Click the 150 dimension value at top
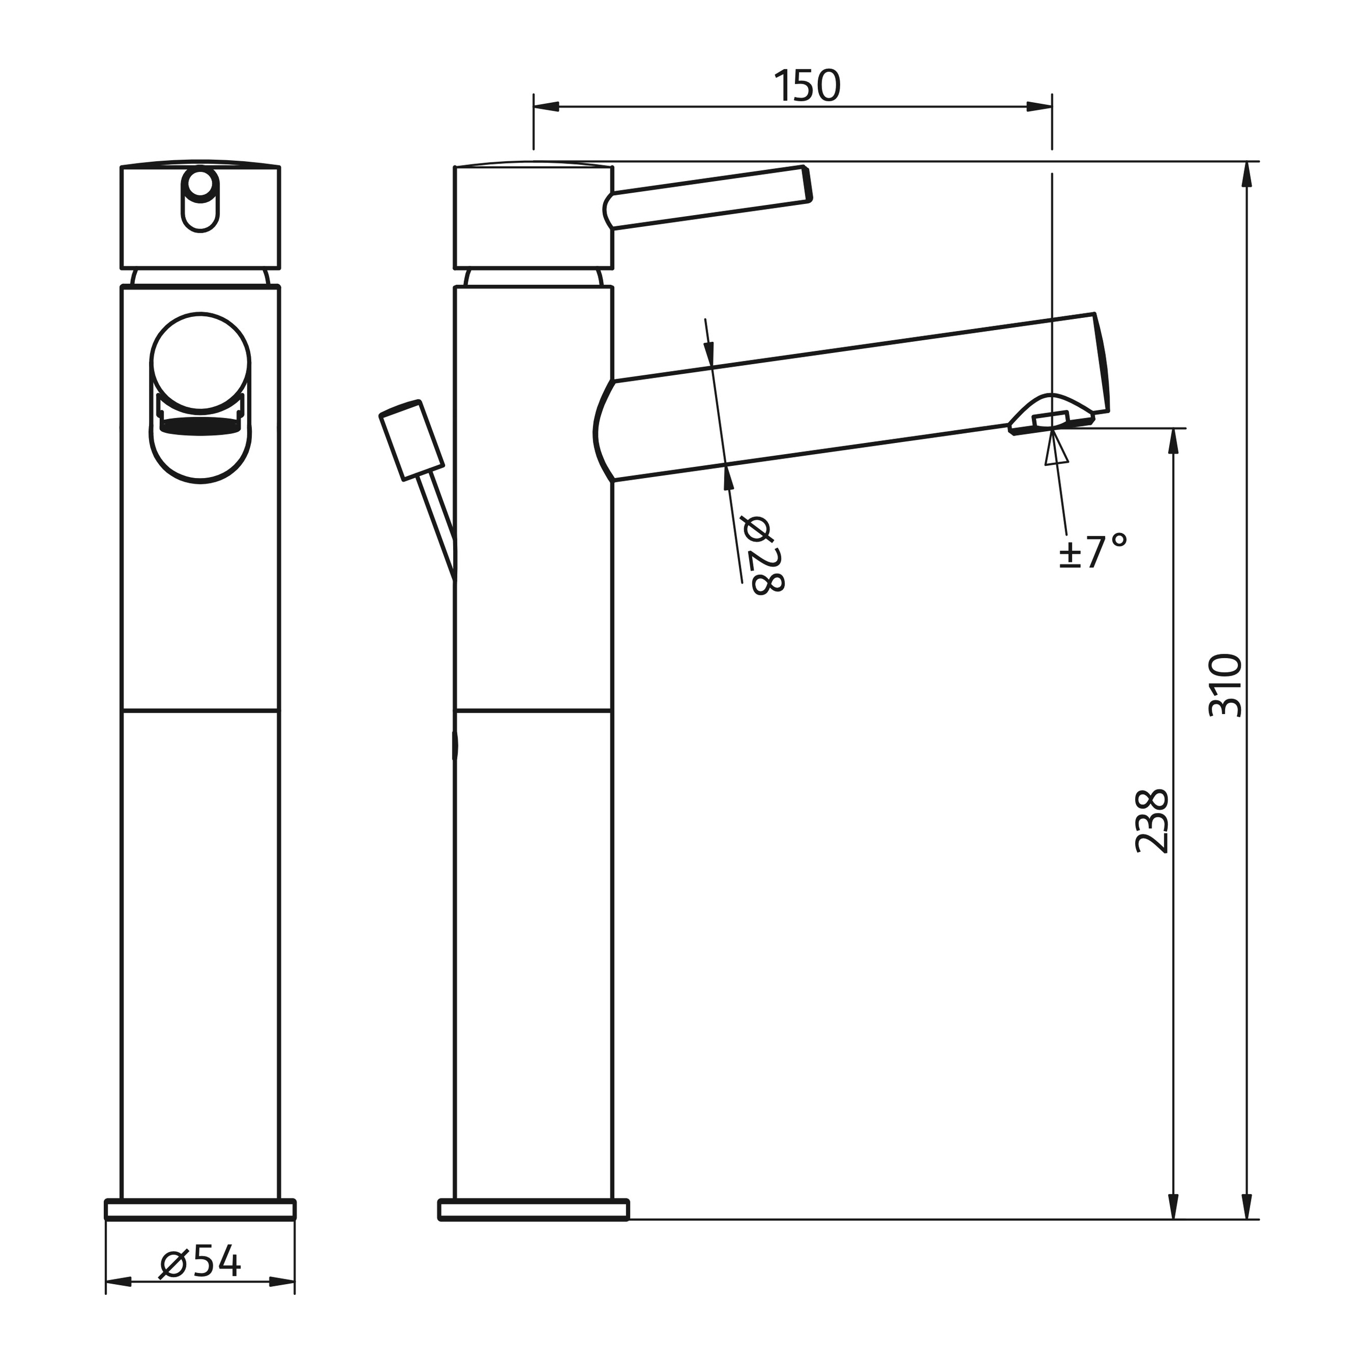coord(807,86)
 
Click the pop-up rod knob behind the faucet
coord(412,440)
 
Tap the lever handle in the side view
coord(709,198)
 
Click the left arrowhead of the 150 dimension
coord(547,106)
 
